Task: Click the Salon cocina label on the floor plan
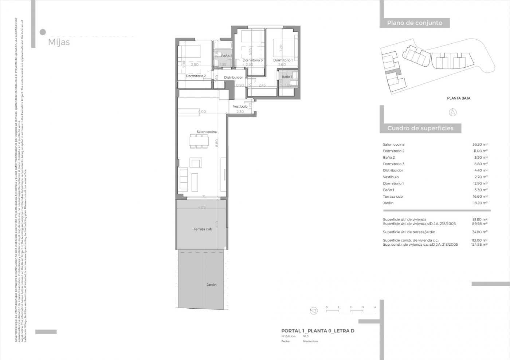coord(207,132)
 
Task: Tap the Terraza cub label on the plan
coord(203,229)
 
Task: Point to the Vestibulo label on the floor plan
coord(240,106)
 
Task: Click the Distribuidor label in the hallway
coord(233,78)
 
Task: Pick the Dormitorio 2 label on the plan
coord(196,76)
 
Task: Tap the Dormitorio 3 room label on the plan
coord(252,60)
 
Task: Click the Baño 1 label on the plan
coord(287,77)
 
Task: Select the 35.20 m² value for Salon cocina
coord(480,145)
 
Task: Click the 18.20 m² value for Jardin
coord(480,203)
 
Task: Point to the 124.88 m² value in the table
coord(479,245)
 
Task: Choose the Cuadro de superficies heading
coord(420,128)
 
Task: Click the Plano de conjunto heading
coord(415,23)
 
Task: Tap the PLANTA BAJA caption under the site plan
coord(459,98)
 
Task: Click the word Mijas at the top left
coord(59,42)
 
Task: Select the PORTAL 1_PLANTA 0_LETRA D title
coord(318,331)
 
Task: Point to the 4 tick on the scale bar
coord(375,308)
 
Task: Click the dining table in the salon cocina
coord(199,140)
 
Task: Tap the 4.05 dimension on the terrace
coord(202,207)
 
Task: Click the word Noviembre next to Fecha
coord(310,341)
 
